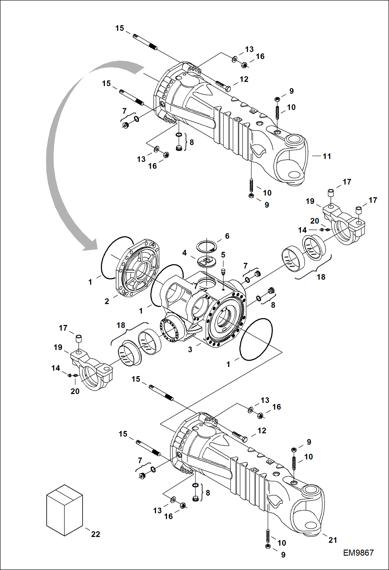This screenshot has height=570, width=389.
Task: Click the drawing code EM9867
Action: coord(358,553)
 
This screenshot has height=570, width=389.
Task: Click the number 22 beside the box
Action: coord(96,534)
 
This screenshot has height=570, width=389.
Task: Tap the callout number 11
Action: coord(327,156)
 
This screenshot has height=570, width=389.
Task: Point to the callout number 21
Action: coord(333,540)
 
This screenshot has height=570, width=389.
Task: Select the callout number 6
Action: coord(227,236)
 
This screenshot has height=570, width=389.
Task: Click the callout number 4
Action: coord(184,253)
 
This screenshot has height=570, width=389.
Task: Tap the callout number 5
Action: coord(223,255)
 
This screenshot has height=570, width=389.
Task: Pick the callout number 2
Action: coord(107,301)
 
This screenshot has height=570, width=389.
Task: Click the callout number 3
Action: coord(190,350)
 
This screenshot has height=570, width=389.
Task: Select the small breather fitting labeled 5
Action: coord(223,272)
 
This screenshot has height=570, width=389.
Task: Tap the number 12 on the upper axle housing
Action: coord(244,79)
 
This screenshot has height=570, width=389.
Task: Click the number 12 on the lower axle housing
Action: coord(262,431)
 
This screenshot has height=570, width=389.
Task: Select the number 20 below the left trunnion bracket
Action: coord(75,391)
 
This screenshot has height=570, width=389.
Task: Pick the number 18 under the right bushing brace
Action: coord(321,277)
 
